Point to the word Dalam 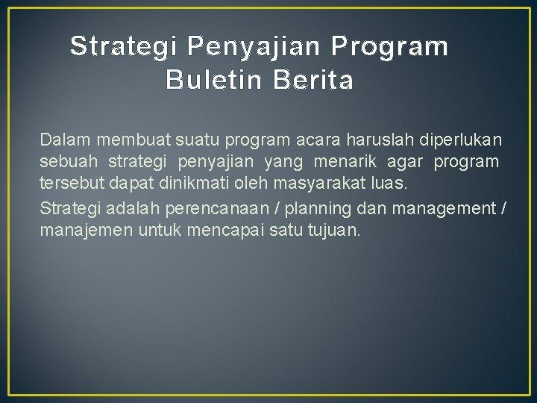(x=63, y=140)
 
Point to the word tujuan (x=333, y=231)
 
